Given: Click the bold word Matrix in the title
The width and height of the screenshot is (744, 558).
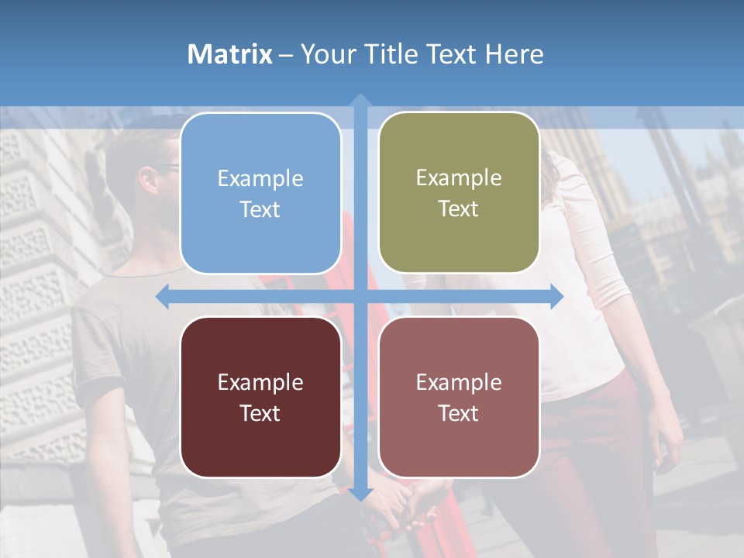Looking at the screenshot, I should (229, 54).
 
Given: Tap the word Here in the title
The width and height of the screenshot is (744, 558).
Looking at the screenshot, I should (514, 54).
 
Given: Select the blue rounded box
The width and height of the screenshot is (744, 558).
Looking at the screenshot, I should (260, 193).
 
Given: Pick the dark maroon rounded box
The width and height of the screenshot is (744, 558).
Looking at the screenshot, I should (260, 397).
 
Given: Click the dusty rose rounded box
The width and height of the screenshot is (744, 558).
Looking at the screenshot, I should (459, 397).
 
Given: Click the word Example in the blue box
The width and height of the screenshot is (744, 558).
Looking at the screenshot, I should (260, 178).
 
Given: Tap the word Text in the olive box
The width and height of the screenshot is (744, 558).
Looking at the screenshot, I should (459, 208).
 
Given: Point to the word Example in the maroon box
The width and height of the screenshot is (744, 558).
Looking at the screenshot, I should (260, 382).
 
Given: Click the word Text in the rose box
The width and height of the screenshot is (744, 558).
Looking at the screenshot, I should (459, 413).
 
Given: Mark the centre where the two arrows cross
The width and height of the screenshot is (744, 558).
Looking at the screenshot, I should (360, 297).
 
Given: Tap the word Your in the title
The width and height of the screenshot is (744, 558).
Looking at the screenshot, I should (325, 54).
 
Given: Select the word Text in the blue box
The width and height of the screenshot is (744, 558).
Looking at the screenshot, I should (260, 209).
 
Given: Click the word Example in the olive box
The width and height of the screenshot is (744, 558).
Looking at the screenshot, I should (459, 177).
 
